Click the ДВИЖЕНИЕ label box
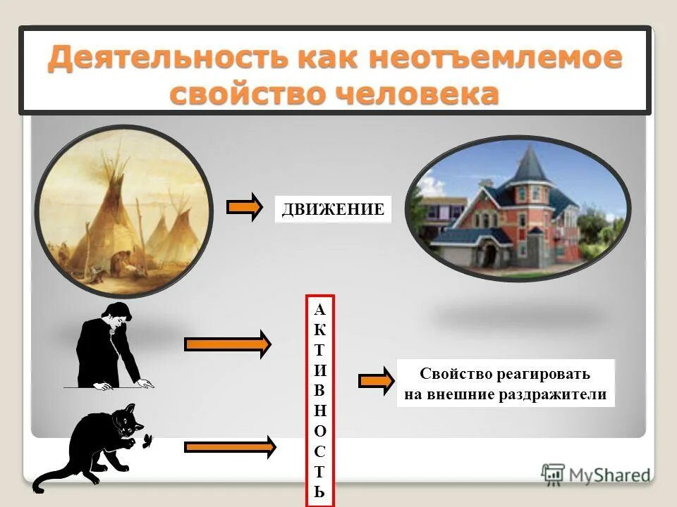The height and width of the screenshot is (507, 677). pyautogui.click(x=333, y=209)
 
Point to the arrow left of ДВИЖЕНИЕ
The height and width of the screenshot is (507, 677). pyautogui.click(x=244, y=209)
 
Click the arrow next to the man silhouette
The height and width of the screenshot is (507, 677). pyautogui.click(x=227, y=344)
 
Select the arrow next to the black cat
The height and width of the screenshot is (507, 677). pyautogui.click(x=229, y=446)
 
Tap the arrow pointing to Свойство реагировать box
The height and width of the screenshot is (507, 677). pyautogui.click(x=376, y=380)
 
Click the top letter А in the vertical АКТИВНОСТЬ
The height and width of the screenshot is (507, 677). pyautogui.click(x=319, y=309)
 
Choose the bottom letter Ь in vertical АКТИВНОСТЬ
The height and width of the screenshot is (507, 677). pyautogui.click(x=320, y=491)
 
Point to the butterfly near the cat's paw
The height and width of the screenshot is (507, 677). pyautogui.click(x=149, y=440)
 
